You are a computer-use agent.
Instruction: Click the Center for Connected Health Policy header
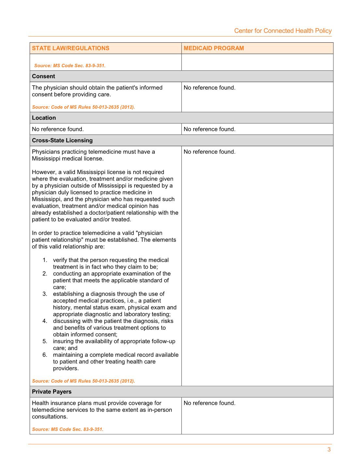tap(282, 31)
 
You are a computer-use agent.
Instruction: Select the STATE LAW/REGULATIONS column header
tap(70, 48)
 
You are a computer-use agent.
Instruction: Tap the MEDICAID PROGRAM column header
tap(214, 48)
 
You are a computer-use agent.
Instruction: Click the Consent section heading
tap(43, 76)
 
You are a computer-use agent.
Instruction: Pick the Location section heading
tap(44, 118)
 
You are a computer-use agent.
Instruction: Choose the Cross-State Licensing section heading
tap(62, 140)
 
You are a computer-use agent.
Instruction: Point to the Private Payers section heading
tap(51, 392)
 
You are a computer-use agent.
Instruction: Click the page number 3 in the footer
tap(329, 450)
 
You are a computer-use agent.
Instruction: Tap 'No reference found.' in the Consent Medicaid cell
tap(209, 88)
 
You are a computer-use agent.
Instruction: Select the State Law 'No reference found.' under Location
tap(58, 129)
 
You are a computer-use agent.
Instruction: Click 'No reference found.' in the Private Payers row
tap(209, 403)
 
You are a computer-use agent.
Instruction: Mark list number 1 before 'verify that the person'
tap(45, 260)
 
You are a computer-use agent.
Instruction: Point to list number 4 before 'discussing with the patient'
tap(45, 321)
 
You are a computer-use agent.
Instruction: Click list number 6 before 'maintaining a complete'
tap(45, 355)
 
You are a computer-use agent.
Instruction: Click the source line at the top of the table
tap(70, 66)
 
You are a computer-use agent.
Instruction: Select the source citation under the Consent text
tap(83, 107)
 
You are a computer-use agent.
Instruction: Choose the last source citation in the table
tap(67, 429)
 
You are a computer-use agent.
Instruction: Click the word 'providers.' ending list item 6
tap(66, 369)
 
